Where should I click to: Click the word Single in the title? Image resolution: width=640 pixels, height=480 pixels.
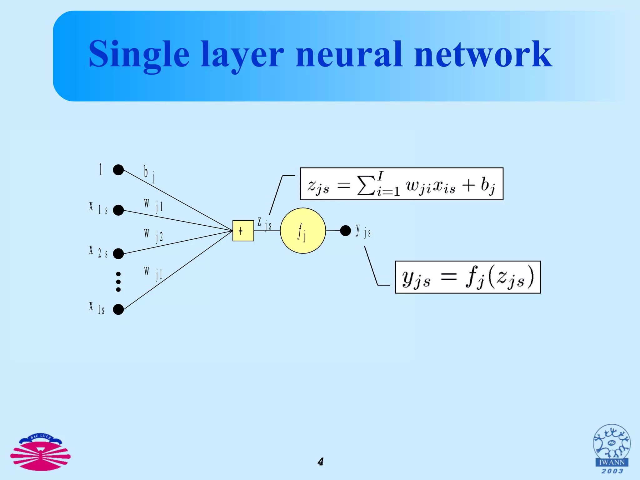(139, 55)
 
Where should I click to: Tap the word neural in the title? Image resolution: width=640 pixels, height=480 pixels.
(348, 55)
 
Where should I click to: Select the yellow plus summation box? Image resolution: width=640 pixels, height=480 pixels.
(243, 231)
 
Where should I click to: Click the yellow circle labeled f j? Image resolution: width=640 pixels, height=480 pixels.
(303, 231)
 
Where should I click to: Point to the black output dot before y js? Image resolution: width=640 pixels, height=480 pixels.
(345, 231)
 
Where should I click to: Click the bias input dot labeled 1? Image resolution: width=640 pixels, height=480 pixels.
(118, 170)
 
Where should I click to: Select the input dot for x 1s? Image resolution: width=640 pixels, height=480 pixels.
(118, 210)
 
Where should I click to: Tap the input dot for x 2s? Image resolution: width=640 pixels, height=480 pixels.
(118, 253)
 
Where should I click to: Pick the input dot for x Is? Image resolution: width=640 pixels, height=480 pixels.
(118, 309)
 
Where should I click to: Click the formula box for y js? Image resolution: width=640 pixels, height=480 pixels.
(467, 277)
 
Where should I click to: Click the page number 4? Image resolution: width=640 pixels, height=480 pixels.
(320, 462)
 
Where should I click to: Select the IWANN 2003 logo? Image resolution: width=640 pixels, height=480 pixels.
(612, 449)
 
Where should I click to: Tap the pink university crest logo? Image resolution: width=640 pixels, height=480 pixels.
(40, 452)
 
